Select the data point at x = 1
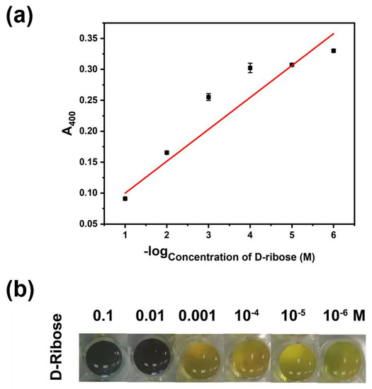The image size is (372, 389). (125, 199)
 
